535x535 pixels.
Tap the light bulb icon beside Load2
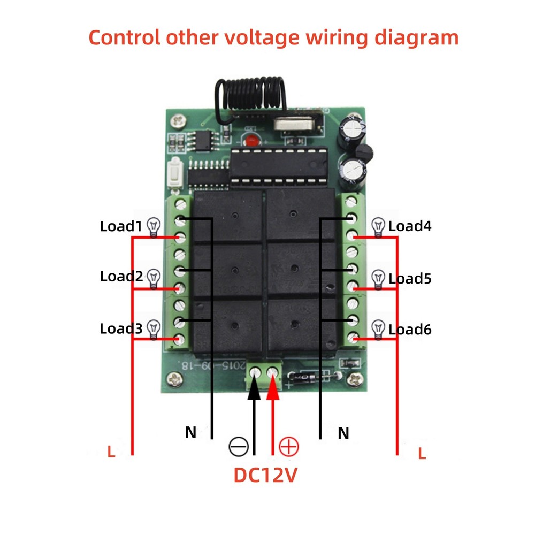click(x=154, y=277)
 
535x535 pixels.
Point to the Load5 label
click(x=410, y=278)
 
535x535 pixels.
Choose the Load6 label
click(x=410, y=329)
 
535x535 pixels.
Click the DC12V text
click(x=265, y=475)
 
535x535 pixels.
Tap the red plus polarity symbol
click(x=289, y=446)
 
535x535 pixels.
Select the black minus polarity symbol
click(x=238, y=446)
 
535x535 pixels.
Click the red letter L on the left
click(x=111, y=452)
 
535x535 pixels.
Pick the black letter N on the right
click(x=343, y=433)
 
